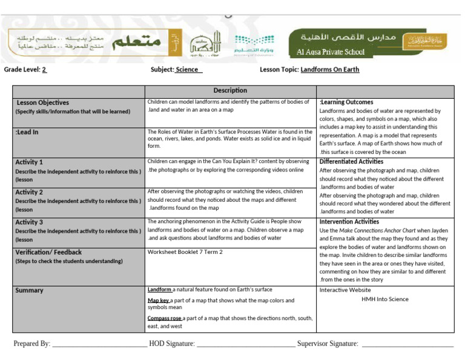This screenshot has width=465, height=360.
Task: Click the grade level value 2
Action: click(x=44, y=70)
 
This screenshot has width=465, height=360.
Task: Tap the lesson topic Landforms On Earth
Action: click(x=329, y=70)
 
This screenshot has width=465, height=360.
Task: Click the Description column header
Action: click(x=230, y=90)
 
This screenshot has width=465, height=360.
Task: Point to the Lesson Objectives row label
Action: click(x=42, y=103)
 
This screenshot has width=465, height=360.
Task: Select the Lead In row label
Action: click(x=27, y=132)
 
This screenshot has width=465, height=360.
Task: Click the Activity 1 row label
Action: click(x=29, y=162)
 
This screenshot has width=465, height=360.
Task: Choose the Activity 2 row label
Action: click(x=29, y=192)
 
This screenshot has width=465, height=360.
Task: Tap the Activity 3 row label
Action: click(x=29, y=222)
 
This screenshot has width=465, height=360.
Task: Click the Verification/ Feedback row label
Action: click(x=48, y=252)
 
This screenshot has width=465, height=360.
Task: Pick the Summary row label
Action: click(x=29, y=291)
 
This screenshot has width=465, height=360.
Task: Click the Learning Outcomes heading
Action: click(x=346, y=102)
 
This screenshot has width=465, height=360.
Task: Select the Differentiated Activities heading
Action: click(x=351, y=162)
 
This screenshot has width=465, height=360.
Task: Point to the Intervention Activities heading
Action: click(x=349, y=222)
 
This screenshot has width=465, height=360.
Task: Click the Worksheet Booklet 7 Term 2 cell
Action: click(x=185, y=252)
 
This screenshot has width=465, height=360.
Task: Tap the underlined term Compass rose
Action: click(x=165, y=318)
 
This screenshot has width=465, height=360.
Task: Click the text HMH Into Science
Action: click(x=384, y=299)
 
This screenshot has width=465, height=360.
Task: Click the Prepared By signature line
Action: click(x=100, y=345)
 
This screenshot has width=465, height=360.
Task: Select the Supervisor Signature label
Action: click(x=328, y=344)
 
